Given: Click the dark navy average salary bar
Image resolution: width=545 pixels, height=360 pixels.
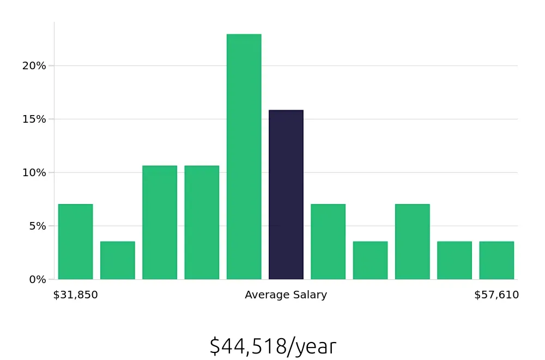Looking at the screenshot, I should pyautogui.click(x=286, y=195).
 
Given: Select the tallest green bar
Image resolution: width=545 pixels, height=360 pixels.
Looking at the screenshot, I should pyautogui.click(x=244, y=157).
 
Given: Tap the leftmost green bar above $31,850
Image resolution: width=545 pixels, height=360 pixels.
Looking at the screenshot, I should pyautogui.click(x=76, y=242).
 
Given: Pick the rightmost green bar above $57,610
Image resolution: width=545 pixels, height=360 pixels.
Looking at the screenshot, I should pyautogui.click(x=496, y=260).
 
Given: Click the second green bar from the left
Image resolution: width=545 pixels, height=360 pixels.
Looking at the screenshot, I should pyautogui.click(x=118, y=260).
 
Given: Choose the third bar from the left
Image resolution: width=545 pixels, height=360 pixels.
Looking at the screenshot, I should pyautogui.click(x=160, y=223).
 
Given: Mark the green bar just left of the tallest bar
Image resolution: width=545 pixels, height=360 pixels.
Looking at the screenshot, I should pyautogui.click(x=202, y=223).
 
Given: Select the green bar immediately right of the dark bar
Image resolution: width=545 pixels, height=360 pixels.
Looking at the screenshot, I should pyautogui.click(x=328, y=242).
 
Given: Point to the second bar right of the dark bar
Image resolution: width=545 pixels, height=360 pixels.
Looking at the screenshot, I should pyautogui.click(x=370, y=260).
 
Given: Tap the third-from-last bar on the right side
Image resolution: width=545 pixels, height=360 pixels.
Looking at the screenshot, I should pyautogui.click(x=413, y=242).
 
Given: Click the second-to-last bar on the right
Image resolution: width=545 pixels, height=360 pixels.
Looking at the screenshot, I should pyautogui.click(x=455, y=260).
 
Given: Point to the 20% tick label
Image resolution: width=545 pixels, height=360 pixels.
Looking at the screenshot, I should pyautogui.click(x=34, y=66).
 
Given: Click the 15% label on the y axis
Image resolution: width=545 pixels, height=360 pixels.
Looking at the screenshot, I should pyautogui.click(x=34, y=119).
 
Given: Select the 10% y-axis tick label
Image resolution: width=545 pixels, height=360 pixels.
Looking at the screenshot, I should pyautogui.click(x=34, y=172).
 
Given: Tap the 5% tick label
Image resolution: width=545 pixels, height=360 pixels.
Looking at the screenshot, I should pyautogui.click(x=37, y=226).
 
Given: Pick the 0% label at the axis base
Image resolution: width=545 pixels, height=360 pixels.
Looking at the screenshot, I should pyautogui.click(x=37, y=279).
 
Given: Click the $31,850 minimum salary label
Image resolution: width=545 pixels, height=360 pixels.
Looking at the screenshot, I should pyautogui.click(x=76, y=295).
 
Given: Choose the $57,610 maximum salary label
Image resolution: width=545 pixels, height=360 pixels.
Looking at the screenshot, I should pyautogui.click(x=496, y=295).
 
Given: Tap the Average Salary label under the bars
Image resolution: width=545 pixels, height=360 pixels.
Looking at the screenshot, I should pyautogui.click(x=286, y=295).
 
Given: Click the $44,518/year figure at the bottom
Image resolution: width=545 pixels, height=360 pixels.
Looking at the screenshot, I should pyautogui.click(x=273, y=346).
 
